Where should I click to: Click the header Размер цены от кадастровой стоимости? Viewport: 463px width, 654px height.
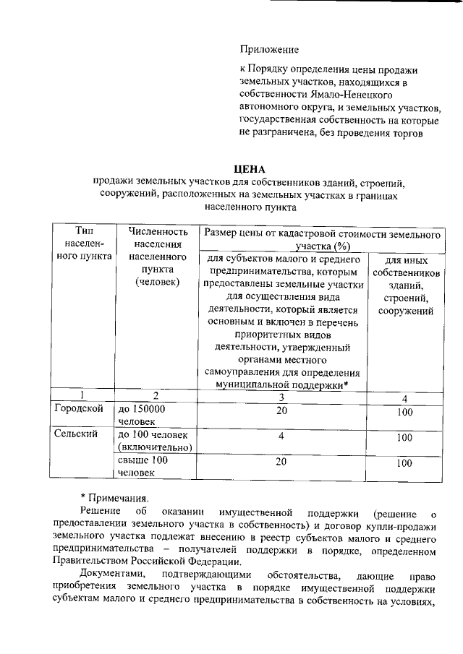click(322, 241)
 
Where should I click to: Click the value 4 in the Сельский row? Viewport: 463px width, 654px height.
click(281, 436)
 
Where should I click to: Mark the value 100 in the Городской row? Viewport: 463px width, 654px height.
click(404, 413)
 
